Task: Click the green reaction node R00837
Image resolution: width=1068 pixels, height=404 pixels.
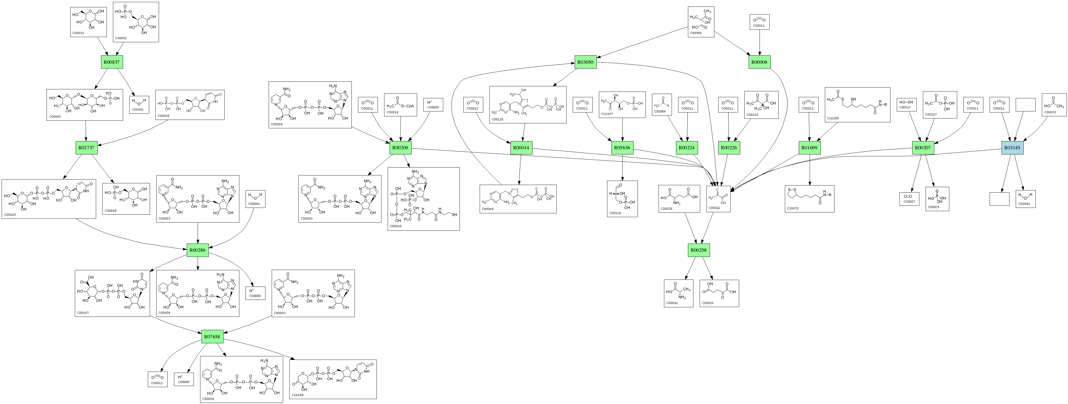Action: (x=112, y=62)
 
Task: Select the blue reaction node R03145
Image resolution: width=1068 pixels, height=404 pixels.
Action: (x=1012, y=148)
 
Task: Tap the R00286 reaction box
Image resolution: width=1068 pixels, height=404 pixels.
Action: (x=197, y=250)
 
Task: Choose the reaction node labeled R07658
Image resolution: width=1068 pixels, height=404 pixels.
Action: (x=212, y=336)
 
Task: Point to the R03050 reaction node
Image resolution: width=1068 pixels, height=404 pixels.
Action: (x=585, y=62)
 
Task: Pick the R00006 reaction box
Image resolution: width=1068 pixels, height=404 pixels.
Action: (x=760, y=62)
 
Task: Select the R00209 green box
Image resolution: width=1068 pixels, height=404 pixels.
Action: (x=400, y=148)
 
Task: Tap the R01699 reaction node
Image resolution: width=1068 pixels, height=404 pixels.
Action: (x=809, y=148)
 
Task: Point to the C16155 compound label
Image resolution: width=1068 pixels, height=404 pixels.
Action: (x=298, y=395)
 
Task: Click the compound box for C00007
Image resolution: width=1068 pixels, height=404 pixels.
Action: (x=910, y=199)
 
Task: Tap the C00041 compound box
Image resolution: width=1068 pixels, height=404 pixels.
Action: (x=678, y=293)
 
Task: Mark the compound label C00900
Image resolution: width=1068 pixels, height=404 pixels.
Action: (x=696, y=33)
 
